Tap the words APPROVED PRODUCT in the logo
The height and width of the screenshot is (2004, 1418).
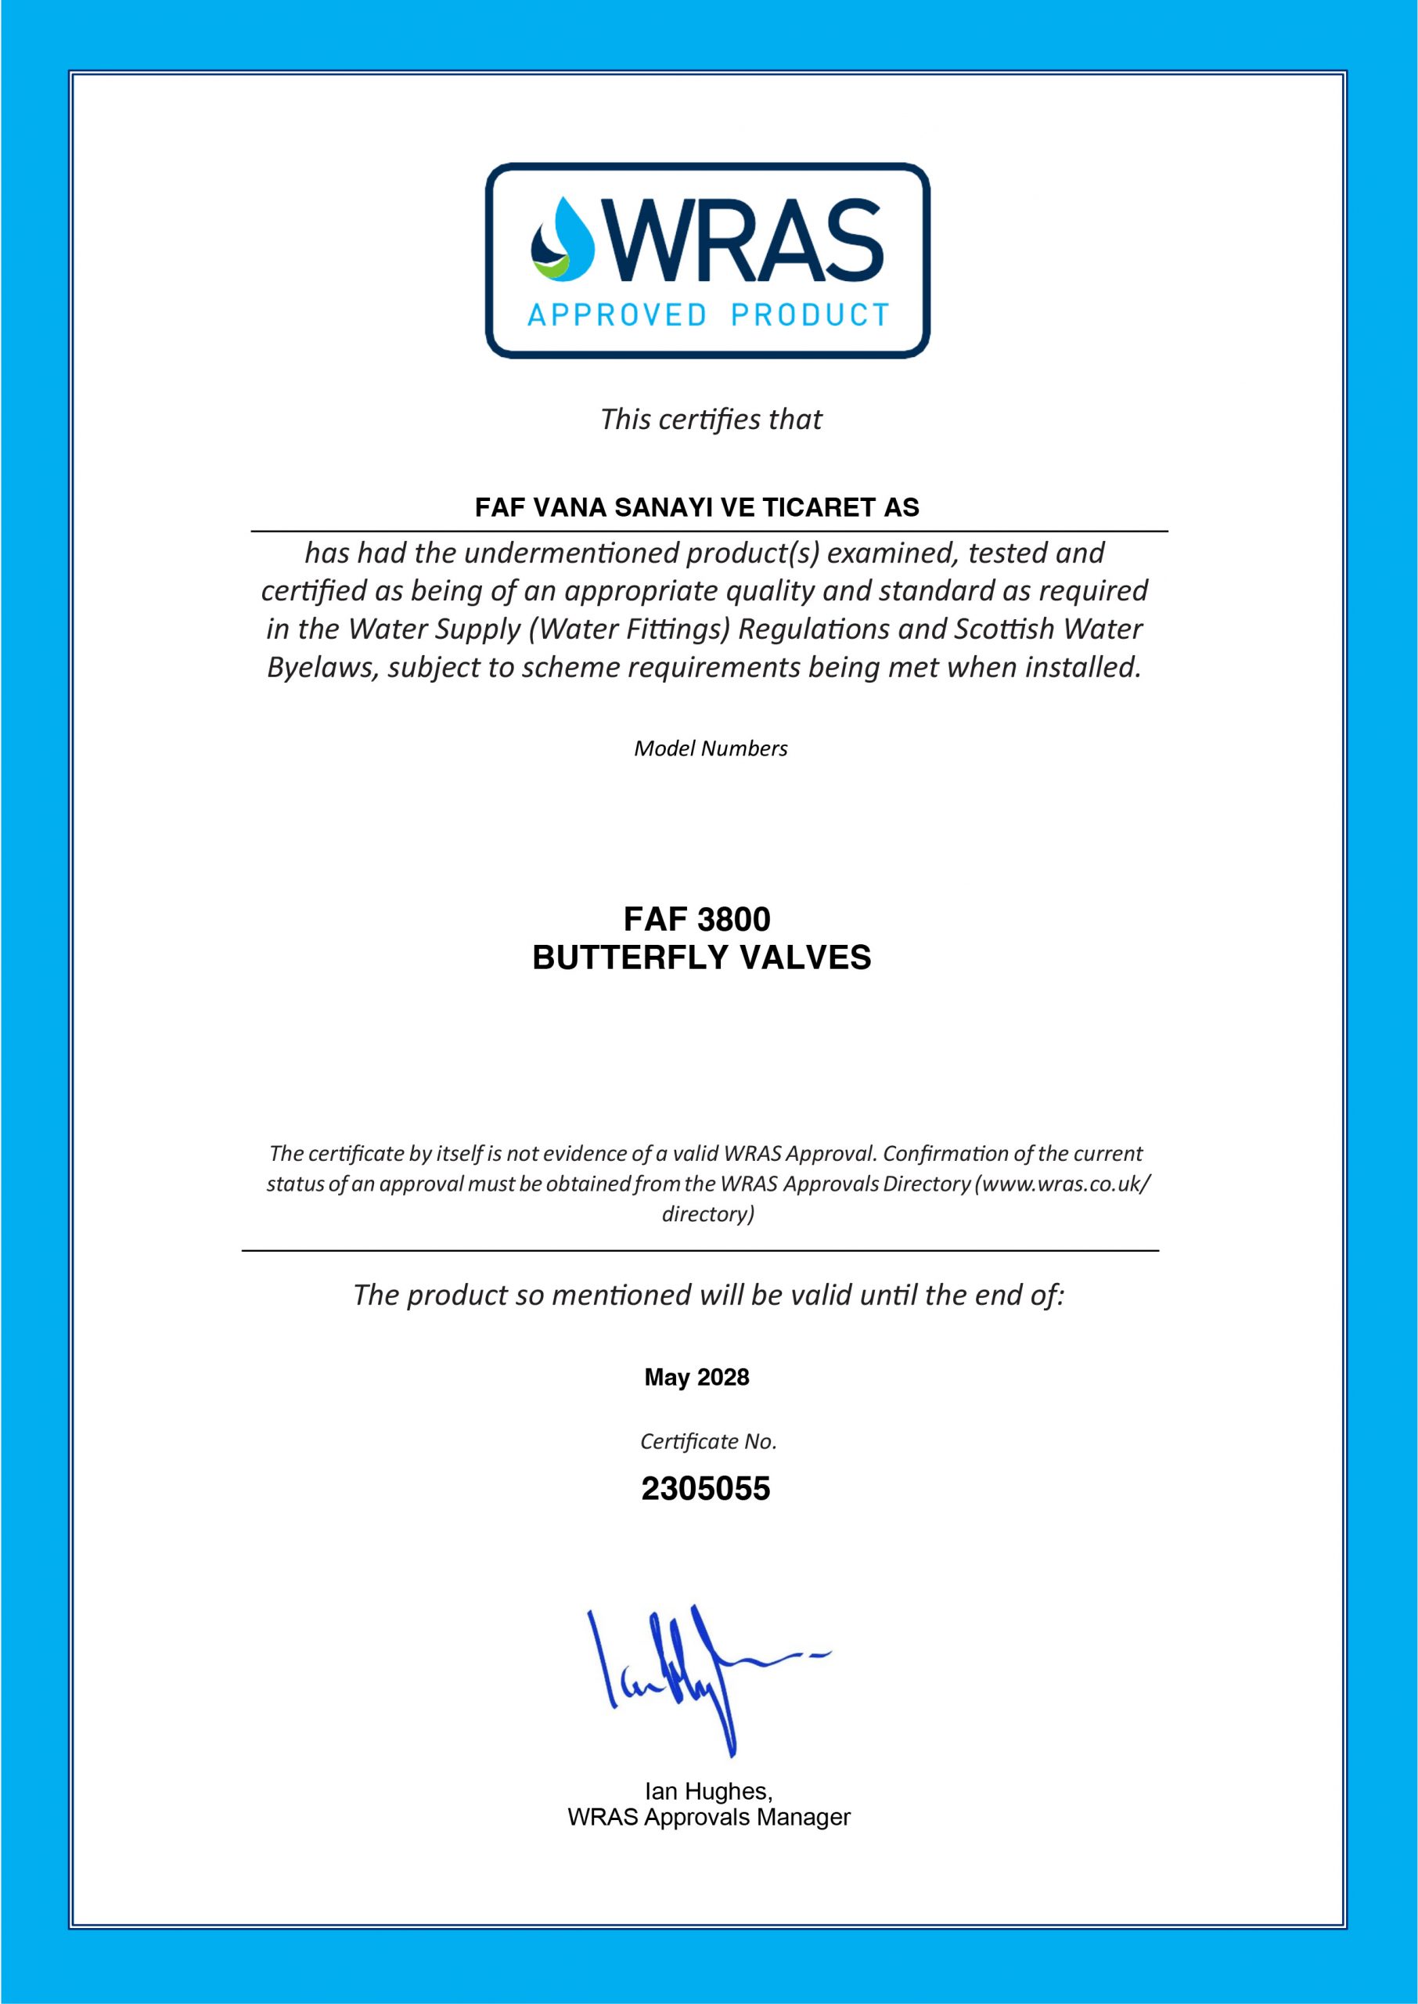708,315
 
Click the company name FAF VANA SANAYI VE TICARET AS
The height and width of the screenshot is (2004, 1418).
696,507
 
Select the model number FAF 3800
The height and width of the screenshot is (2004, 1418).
696,920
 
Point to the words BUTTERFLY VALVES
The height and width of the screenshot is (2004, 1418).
701,958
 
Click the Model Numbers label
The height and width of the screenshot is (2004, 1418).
710,748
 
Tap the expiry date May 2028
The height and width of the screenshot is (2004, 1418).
696,1377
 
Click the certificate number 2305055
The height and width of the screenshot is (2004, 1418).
706,1489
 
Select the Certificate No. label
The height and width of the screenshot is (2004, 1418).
708,1442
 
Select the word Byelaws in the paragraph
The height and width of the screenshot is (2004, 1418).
322,668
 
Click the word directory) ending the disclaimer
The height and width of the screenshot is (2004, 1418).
708,1214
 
